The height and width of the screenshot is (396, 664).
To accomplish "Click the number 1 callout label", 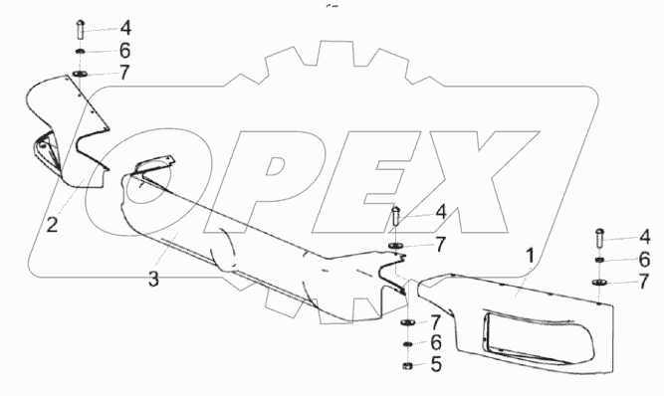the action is coord(530,257).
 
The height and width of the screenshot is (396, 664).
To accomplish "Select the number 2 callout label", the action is coord(52,225).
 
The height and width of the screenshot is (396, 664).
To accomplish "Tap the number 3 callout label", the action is coord(153,280).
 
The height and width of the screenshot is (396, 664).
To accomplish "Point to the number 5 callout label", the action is coord(436,364).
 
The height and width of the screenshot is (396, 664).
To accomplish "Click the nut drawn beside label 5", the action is coord(407,365).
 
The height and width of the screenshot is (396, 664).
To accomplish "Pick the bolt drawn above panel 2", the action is coord(81,29).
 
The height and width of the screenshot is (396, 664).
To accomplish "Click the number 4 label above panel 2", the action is coord(125,28).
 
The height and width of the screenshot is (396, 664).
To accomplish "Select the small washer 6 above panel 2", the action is coord(80,52).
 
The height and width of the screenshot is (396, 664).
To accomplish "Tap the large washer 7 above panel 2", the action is coord(80,75).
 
